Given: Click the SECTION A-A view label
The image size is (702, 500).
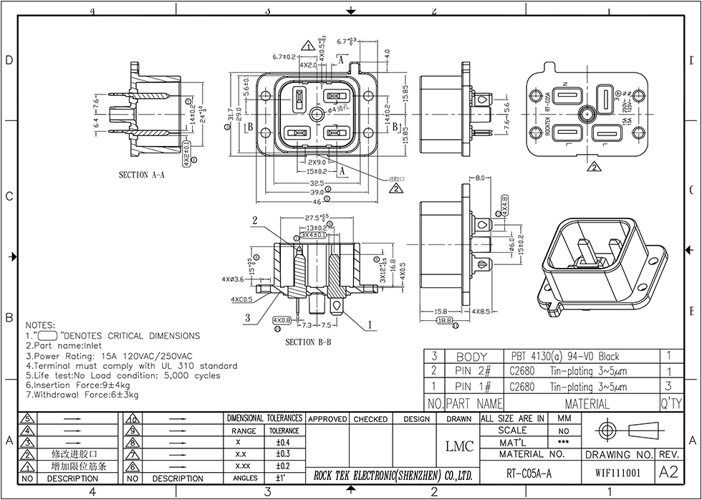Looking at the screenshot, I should [142, 174].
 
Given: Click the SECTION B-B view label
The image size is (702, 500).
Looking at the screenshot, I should [308, 342].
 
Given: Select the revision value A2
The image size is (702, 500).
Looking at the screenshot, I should [668, 473].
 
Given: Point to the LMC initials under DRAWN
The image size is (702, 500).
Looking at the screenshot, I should [459, 446].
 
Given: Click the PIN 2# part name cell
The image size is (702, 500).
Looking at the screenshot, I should [472, 371].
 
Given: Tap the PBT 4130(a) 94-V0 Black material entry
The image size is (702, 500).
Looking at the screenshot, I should [565, 356].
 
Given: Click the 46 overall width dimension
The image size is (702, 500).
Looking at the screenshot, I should [316, 202].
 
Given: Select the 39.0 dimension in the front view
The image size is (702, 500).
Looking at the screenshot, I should [316, 193].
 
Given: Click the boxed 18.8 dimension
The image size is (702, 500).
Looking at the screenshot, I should [445, 321].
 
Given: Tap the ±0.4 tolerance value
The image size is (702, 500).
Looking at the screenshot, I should [283, 442].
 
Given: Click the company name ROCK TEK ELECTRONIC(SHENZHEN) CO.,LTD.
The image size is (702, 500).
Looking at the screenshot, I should [393, 475].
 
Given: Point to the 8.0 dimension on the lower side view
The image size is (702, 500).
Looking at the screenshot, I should [480, 178].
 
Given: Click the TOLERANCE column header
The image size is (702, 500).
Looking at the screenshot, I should [284, 431].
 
